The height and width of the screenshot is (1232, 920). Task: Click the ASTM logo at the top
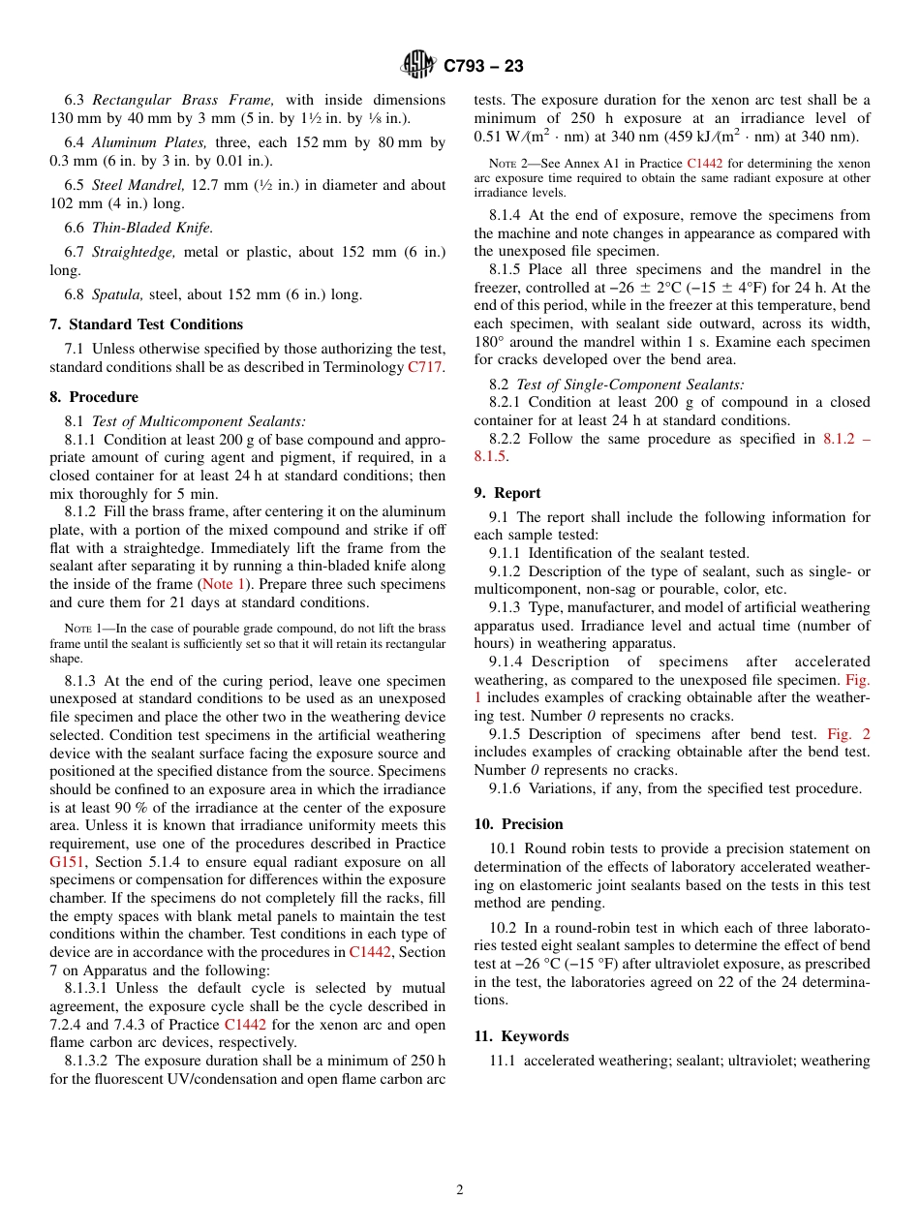coord(418,65)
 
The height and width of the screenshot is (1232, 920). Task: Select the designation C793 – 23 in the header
coord(483,66)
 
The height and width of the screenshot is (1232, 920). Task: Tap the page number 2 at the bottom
coord(460,1190)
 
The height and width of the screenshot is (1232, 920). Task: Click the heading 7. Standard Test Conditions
coord(146,324)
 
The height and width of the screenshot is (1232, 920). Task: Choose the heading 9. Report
coord(507,493)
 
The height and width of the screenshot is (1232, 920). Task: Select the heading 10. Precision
coord(518,824)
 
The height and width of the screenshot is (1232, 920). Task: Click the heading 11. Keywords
coord(521,1036)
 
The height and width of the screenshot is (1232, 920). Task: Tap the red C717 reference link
coord(425,367)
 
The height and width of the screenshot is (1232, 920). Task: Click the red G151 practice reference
coord(67,861)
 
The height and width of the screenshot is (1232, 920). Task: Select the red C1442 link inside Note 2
coord(704,164)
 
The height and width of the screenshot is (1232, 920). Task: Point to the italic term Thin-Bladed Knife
coord(152,228)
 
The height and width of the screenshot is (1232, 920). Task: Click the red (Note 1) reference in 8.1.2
coord(222,584)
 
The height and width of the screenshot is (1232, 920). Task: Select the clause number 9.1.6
coord(506,788)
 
